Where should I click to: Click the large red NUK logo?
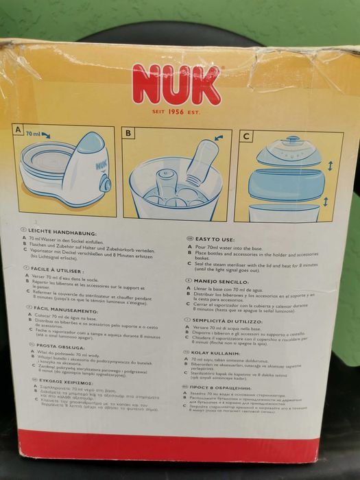click(176, 84)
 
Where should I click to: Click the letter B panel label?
click(128, 132)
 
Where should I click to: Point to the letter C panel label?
click(245, 136)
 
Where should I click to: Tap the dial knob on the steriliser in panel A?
click(105, 184)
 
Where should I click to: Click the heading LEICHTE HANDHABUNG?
click(61, 231)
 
